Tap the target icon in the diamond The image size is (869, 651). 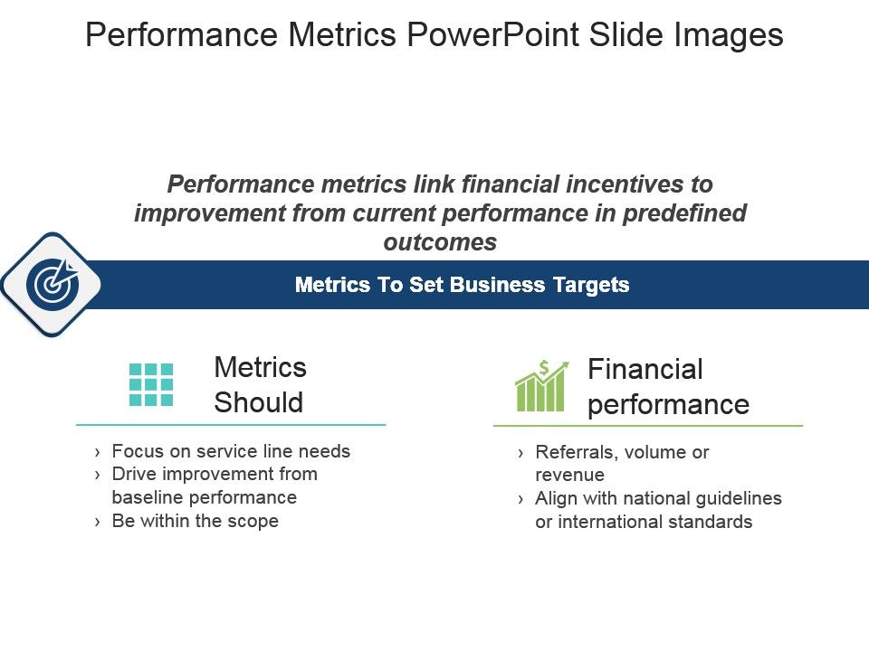53,284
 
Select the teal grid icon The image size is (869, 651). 151,385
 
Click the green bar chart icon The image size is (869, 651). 542,386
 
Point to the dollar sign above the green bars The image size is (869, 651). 544,368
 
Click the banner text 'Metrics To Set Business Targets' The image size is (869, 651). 463,285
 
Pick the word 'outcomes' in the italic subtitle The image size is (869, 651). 440,242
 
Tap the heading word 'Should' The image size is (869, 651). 258,402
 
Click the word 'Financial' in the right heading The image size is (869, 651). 645,369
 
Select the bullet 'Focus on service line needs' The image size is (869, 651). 231,451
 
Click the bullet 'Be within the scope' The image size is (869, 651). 196,521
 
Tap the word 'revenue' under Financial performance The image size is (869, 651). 569,475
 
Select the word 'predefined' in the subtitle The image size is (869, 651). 684,213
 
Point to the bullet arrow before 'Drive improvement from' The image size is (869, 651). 98,475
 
